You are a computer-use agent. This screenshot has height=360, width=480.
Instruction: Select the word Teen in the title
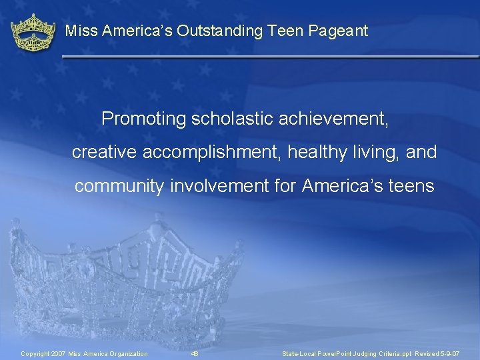289,31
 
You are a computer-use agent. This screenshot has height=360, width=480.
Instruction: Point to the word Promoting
143,119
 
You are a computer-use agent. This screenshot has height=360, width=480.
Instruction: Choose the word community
118,186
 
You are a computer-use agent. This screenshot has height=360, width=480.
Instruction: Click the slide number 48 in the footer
195,353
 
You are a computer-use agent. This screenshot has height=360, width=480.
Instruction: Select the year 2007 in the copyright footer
58,353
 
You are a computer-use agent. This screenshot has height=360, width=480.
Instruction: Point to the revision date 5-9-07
450,353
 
